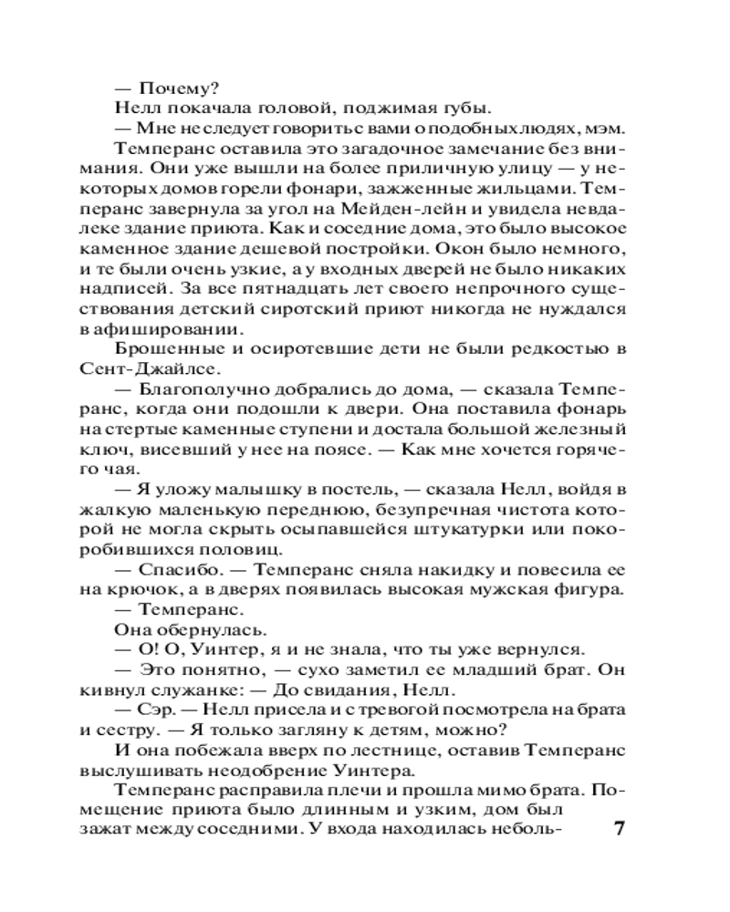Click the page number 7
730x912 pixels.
tap(619, 833)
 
